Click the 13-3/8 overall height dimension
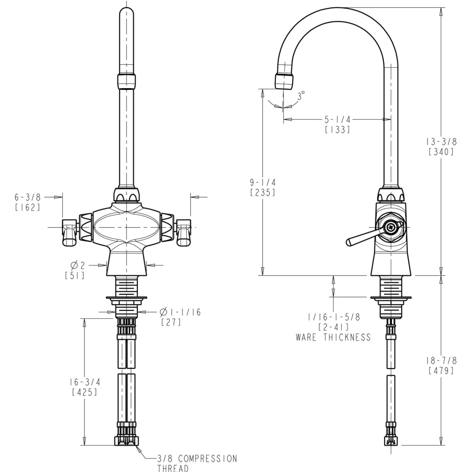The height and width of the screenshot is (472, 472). pyautogui.click(x=441, y=142)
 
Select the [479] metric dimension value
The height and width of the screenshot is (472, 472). pyautogui.click(x=441, y=371)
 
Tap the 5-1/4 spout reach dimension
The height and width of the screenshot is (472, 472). pyautogui.click(x=338, y=119)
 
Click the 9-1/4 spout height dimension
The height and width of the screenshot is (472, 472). pyautogui.click(x=263, y=182)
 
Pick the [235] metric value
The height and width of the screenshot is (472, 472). pyautogui.click(x=263, y=193)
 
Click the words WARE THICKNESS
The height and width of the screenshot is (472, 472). pyautogui.click(x=333, y=337)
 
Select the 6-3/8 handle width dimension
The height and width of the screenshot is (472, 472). pyautogui.click(x=28, y=197)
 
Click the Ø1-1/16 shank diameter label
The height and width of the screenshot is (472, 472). pyautogui.click(x=180, y=312)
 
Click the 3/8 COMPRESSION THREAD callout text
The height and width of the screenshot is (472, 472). pyautogui.click(x=197, y=463)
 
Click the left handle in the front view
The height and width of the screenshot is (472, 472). pyautogui.click(x=70, y=232)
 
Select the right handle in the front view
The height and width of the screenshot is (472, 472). pyautogui.click(x=184, y=232)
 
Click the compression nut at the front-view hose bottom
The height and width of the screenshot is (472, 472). pyautogui.click(x=127, y=441)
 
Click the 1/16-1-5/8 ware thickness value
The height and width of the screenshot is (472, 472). pyautogui.click(x=333, y=317)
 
